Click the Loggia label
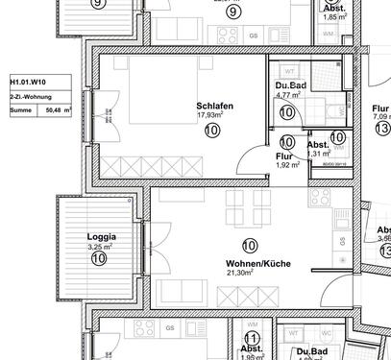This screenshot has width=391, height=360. (101, 236)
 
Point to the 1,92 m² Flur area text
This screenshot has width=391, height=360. (288, 165)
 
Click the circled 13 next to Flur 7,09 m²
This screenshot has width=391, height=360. (383, 129)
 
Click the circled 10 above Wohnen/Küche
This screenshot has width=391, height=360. (250, 246)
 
